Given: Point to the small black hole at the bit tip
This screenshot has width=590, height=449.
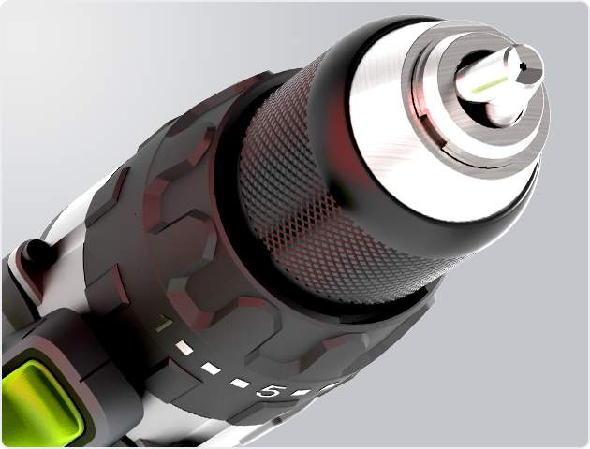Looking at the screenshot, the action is (x=522, y=66).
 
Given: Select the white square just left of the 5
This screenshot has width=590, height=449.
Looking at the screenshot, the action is (x=240, y=384).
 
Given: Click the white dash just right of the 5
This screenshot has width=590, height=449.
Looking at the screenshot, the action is (x=302, y=393).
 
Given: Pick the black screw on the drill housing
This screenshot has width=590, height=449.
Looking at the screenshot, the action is (x=36, y=252).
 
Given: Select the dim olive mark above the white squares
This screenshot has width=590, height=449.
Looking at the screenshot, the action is (x=164, y=324).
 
